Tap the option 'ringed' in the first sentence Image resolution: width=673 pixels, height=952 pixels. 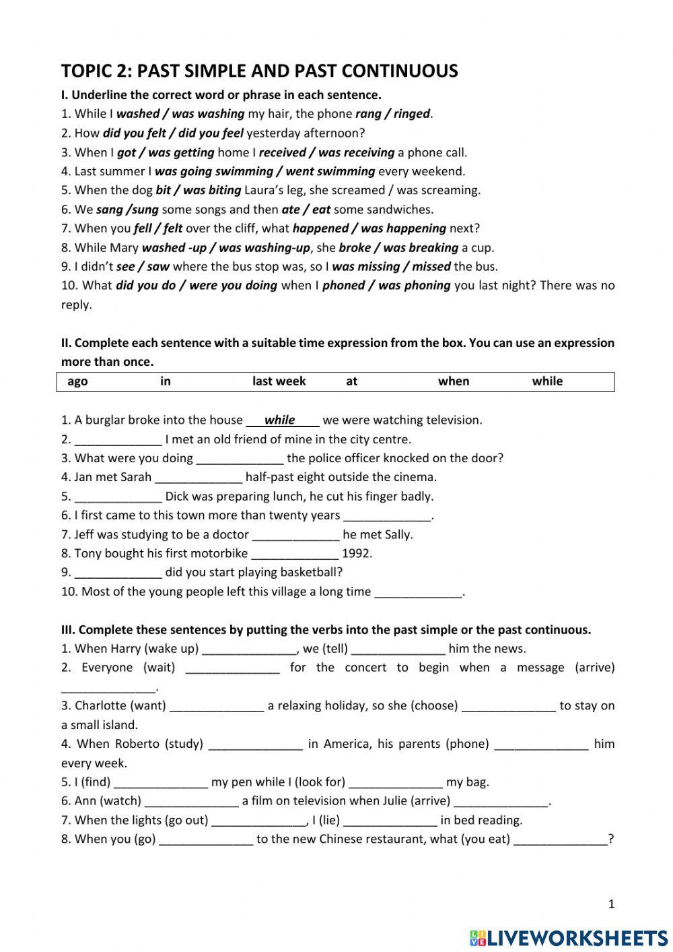point(411,114)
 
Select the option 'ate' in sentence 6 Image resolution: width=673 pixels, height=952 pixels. point(291,209)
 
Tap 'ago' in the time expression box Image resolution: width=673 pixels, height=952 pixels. point(77,381)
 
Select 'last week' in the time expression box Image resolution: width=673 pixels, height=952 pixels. point(279,381)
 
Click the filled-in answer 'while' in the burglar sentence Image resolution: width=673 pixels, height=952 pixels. point(280,420)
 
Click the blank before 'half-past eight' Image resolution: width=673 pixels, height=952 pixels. point(199,478)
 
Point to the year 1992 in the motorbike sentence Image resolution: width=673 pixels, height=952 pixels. point(357,554)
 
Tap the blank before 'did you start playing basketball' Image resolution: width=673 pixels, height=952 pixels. point(118,573)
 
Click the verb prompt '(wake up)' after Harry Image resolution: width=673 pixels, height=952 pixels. point(172,649)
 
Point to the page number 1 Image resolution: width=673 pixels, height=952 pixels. point(611,904)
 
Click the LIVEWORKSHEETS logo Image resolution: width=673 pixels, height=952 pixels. point(569,937)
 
